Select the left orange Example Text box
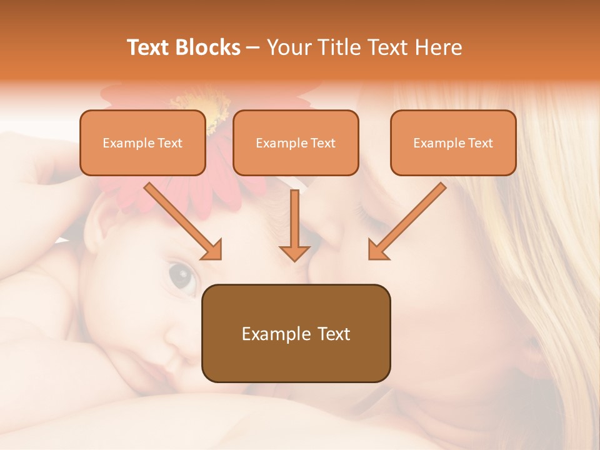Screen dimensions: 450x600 click(142, 142)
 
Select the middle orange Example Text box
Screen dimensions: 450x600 click(296, 142)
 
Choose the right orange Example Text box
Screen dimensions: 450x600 click(453, 142)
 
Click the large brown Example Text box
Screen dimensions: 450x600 click(296, 333)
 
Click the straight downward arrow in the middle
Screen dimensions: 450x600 click(294, 225)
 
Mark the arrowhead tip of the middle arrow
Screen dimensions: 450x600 click(294, 260)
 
